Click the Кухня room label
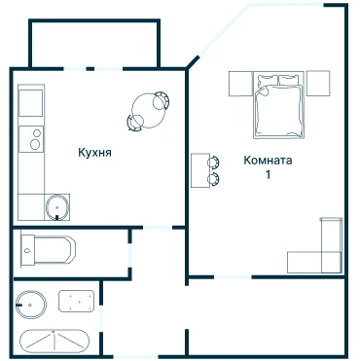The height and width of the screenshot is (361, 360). click(94, 153)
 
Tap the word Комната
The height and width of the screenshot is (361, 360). click(268, 161)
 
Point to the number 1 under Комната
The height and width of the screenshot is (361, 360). click(268, 174)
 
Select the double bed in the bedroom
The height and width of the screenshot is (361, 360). click(279, 105)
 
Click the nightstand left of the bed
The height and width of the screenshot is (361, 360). click(240, 84)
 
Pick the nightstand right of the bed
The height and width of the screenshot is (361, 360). click(318, 83)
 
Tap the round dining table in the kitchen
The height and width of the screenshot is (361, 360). click(148, 110)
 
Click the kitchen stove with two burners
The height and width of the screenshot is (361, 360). click(31, 139)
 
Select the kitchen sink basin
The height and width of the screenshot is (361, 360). click(57, 207)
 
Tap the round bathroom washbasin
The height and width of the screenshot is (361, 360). click(31, 305)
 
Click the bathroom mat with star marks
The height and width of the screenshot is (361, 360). click(77, 301)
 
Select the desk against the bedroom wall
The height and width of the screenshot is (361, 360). click(200, 170)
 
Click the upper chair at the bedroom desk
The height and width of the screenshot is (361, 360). click(213, 162)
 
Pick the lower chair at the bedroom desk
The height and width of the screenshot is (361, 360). click(213, 179)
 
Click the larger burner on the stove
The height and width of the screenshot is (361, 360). click(35, 144)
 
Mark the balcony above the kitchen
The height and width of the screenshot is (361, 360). click(94, 44)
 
